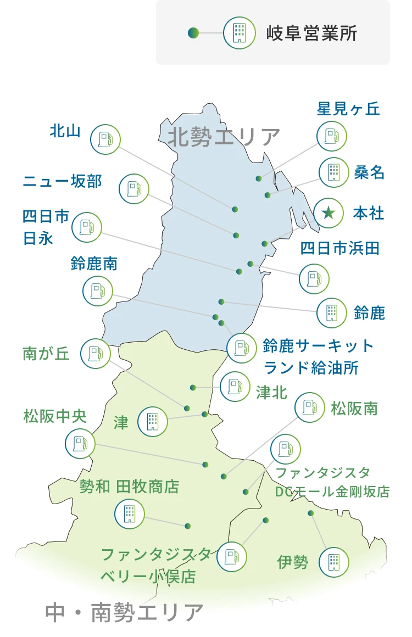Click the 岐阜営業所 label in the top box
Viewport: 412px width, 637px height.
pos(311,33)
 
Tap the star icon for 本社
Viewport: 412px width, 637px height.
pos(329,213)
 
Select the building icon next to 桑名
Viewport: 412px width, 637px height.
pos(334,172)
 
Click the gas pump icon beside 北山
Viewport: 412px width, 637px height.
pos(105,139)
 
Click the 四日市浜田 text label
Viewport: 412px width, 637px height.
pos(339,248)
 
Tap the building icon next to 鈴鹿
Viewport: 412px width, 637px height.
pos(332,312)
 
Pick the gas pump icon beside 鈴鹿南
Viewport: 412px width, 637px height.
pos(98,291)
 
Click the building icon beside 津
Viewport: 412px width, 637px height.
pos(153,421)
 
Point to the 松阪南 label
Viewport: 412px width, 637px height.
pos(354,409)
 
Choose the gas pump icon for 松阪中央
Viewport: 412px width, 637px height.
pos(80,444)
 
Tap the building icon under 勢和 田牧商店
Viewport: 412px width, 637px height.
pos(130,514)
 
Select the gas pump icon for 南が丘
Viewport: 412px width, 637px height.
pos(96,354)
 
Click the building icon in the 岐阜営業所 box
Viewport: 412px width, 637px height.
pos(239,33)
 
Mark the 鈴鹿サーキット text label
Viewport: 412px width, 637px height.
pos(319,347)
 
